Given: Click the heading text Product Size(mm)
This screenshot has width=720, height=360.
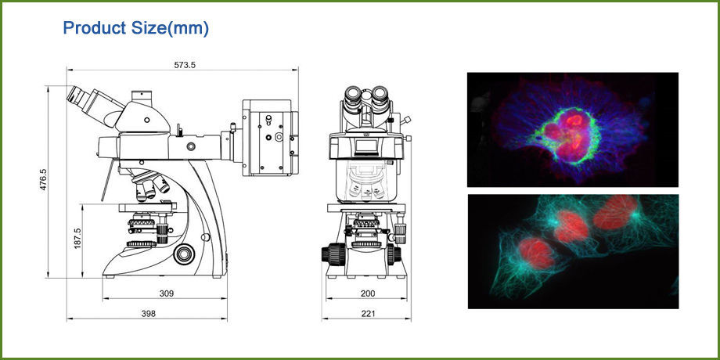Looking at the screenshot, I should (135, 28).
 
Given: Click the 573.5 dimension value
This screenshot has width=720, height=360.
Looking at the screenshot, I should (185, 65).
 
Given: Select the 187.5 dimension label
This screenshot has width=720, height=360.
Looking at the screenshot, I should (77, 239).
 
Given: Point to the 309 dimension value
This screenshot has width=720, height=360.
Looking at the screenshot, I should (165, 293).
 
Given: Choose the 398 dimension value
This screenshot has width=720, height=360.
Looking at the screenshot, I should (147, 313).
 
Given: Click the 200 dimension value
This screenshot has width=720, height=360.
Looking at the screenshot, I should (368, 293).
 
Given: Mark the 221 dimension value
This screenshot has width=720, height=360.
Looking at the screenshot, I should (368, 313).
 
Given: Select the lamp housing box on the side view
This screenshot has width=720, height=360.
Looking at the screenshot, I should (268, 137).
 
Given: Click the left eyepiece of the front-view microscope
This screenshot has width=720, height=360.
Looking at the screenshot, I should (355, 98).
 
